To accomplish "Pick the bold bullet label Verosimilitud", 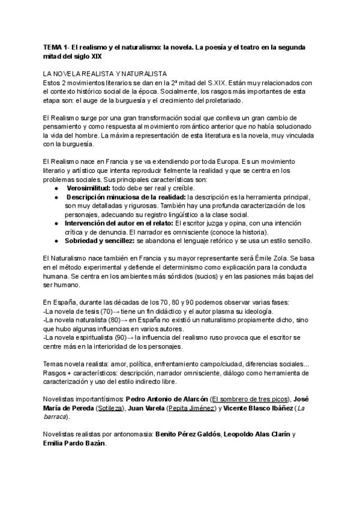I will [92, 188].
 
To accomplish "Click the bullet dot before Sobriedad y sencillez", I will [56, 241].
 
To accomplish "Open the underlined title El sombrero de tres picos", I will [250, 399].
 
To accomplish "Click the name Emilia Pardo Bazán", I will [74, 443].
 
